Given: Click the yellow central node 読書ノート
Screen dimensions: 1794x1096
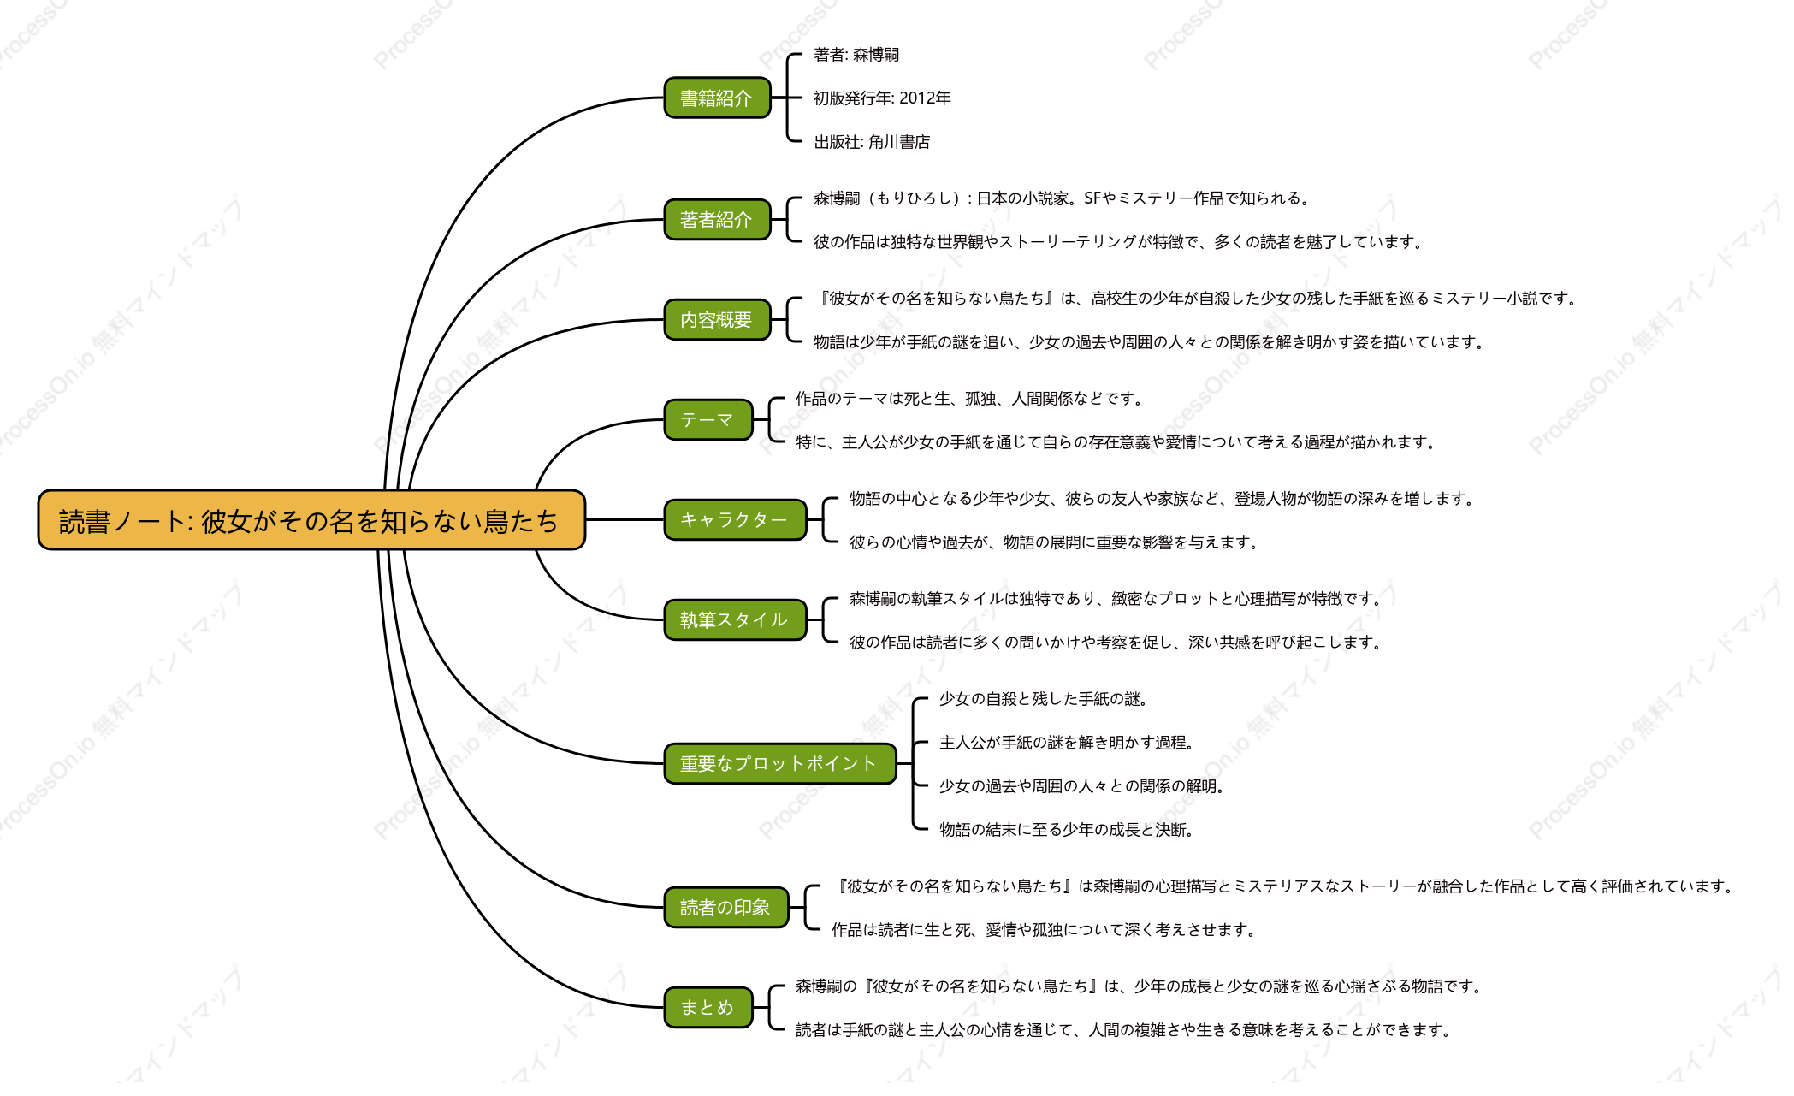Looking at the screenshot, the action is pos(311,519).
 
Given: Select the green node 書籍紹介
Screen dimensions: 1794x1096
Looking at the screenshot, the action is pos(717,98).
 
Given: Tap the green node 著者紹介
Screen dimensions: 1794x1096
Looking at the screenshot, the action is pos(717,219).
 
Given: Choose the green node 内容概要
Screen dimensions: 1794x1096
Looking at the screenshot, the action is pos(717,319).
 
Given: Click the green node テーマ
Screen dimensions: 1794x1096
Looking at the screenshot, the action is pos(708,419).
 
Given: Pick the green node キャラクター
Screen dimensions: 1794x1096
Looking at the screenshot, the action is pos(735,519).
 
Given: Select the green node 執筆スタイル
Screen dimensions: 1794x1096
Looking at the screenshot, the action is pos(735,619).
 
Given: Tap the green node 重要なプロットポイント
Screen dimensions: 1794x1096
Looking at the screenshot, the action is pos(780,763).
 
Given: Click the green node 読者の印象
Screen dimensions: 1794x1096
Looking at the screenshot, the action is pos(726,907).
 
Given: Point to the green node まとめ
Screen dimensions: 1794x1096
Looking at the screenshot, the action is pos(708,1007).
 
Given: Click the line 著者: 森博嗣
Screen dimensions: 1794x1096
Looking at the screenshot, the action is pos(856,55).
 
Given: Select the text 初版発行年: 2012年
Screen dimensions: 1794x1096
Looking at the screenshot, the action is pos(882,98).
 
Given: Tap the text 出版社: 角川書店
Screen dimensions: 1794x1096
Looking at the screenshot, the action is pos(872,142).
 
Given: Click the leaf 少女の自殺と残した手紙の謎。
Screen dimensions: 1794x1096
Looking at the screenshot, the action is pos(1045,699).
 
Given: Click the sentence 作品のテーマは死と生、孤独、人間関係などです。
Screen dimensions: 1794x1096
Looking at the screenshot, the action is pos(970,399).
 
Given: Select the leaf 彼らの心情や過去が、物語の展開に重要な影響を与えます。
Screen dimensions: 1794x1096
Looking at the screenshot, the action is pos(1055,542).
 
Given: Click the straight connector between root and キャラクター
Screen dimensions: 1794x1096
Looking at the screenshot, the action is pos(625,519).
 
